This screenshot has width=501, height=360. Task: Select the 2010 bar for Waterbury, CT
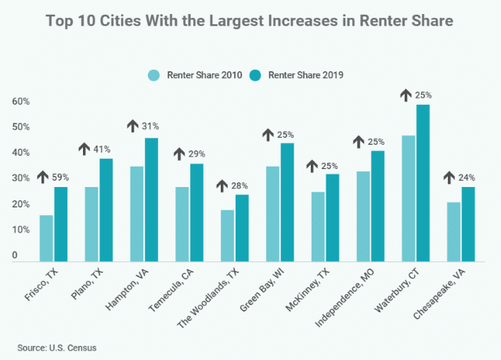[408, 199]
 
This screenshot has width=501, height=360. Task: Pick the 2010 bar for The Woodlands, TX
[228, 236]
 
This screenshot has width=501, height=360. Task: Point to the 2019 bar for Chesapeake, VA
[468, 225]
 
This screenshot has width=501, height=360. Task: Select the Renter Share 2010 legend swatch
[154, 75]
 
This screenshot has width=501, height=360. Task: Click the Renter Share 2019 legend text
[301, 75]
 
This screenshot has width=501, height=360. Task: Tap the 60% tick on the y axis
[20, 102]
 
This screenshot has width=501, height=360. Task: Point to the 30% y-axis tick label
[20, 178]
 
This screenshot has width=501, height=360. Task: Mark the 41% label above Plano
[102, 149]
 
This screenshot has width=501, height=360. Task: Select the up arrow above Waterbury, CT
[405, 94]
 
